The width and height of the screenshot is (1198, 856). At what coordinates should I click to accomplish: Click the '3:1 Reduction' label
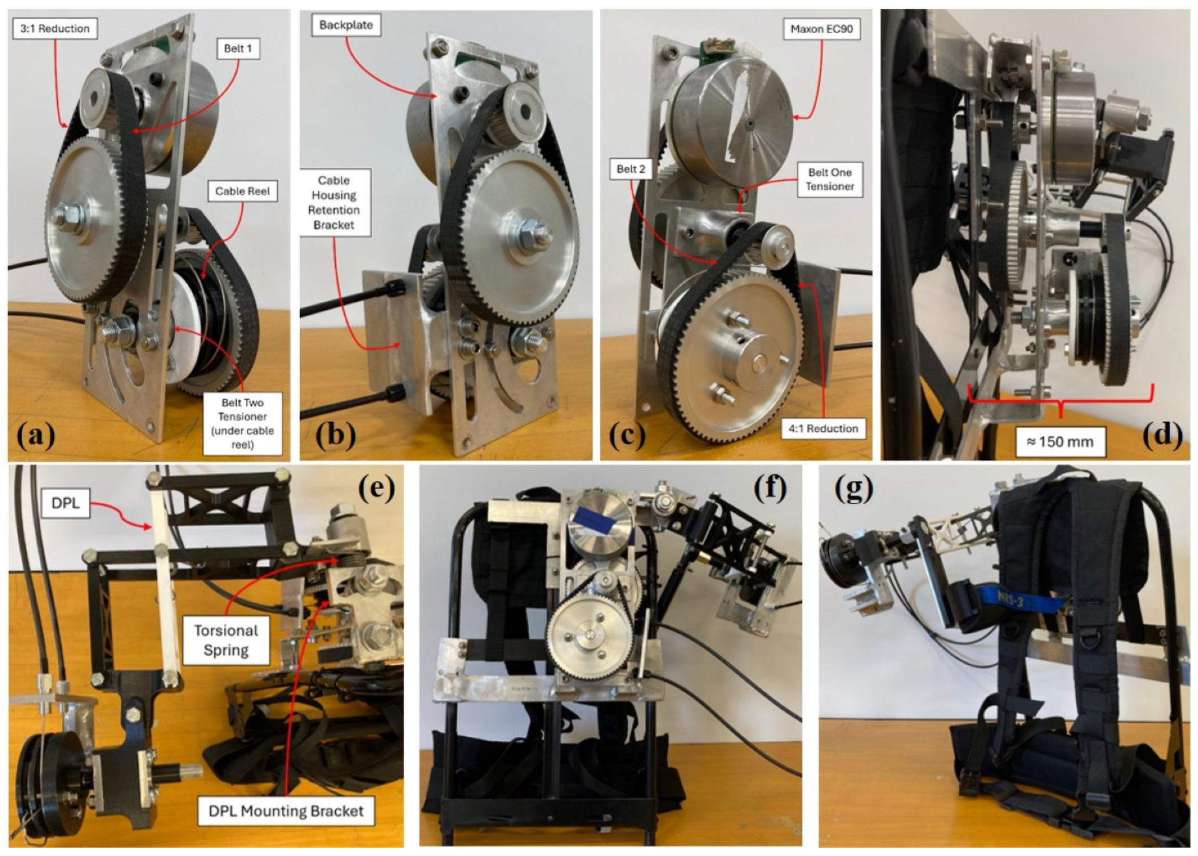point(55,29)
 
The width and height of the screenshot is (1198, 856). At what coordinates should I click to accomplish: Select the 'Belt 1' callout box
point(238,49)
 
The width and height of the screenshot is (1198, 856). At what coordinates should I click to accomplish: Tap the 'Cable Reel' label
point(242,191)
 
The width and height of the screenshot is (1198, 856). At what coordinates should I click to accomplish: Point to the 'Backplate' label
point(346,25)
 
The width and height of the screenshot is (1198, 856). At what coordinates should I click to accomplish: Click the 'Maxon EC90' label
point(821,29)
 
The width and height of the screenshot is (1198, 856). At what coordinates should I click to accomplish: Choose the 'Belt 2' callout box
point(631,169)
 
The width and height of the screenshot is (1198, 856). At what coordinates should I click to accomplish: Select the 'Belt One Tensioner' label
point(830,180)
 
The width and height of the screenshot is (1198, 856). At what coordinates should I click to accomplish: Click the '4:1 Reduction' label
point(823,429)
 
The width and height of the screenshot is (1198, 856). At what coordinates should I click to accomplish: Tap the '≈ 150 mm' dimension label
point(1060,442)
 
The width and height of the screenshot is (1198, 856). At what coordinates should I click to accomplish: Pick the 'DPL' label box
point(65,503)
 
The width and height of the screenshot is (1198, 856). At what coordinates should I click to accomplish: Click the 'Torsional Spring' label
point(226,640)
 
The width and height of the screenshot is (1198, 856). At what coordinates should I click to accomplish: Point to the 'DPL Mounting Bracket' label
point(286,811)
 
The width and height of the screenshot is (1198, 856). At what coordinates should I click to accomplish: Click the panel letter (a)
point(36,435)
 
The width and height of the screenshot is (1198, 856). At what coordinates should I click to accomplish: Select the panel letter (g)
point(853,488)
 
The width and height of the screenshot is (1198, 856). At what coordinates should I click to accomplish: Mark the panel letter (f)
point(770,487)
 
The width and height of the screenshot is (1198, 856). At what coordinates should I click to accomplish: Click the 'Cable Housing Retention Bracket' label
point(334,202)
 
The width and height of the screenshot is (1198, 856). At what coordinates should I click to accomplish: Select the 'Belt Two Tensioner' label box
point(242,423)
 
